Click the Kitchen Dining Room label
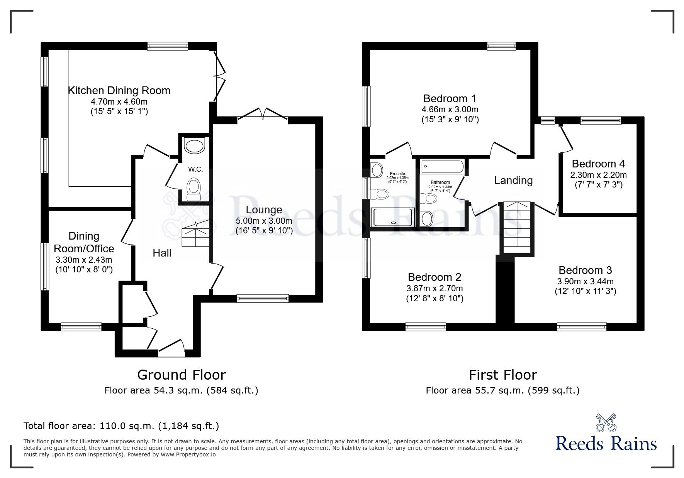[x=119, y=91]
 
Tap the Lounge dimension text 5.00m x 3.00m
[x=264, y=221]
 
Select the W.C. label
[x=195, y=169]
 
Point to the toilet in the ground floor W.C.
[x=193, y=189]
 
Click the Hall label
[x=162, y=253]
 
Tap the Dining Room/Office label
[x=84, y=242]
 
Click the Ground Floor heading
[x=181, y=375]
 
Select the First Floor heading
[x=502, y=375]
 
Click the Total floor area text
[x=121, y=426]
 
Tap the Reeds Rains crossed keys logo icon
[x=606, y=423]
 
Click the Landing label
[x=513, y=180]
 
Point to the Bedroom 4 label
[x=598, y=164]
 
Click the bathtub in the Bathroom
[x=442, y=167]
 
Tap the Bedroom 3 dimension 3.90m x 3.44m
[x=585, y=281]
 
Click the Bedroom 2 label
[x=435, y=277]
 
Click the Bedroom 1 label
[x=450, y=98]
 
